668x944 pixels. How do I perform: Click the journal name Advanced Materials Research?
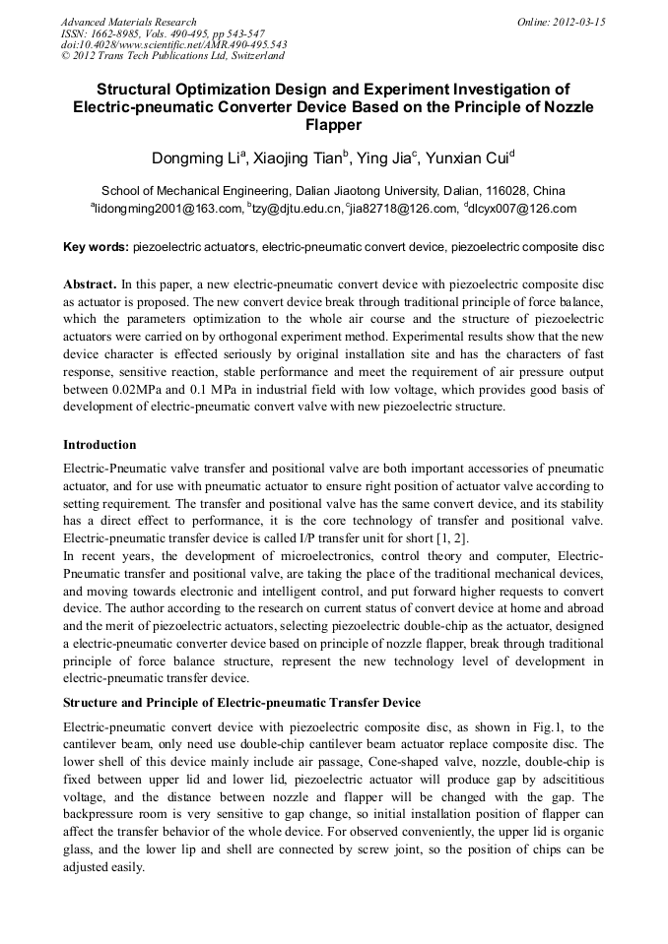click(128, 22)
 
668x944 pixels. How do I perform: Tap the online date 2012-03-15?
click(575, 22)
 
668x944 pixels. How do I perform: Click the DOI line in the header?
click(173, 45)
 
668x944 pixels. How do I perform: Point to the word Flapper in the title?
click(333, 125)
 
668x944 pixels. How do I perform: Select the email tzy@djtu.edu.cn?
click(296, 209)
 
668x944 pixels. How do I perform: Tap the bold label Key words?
click(96, 246)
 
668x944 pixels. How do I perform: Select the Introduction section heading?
click(100, 445)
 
